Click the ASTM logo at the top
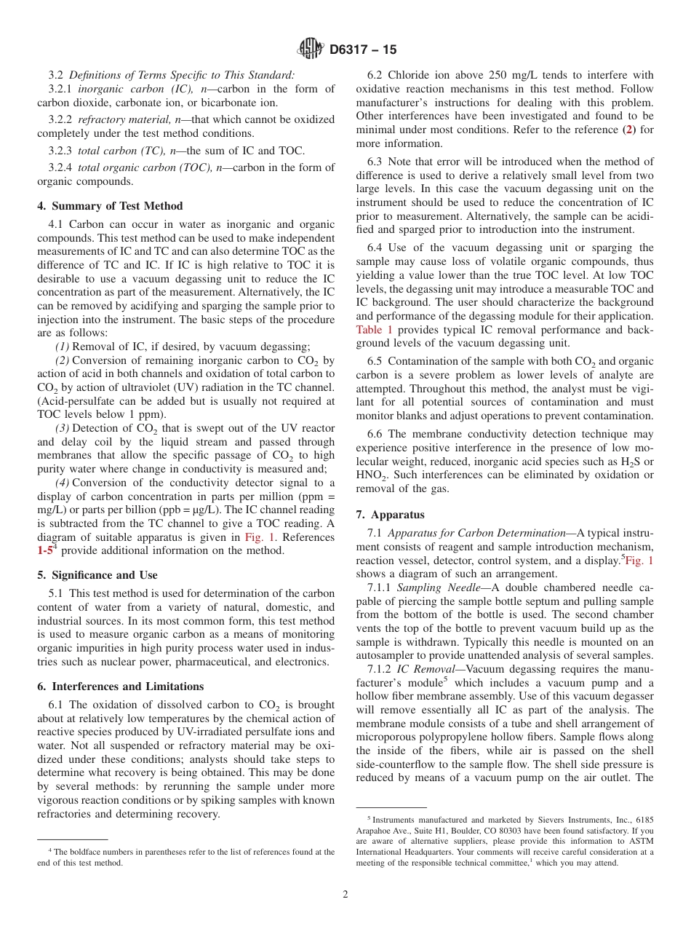(311, 50)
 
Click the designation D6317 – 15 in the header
(363, 50)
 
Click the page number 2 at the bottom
(345, 895)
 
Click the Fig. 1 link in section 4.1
(258, 537)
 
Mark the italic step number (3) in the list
(63, 428)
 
